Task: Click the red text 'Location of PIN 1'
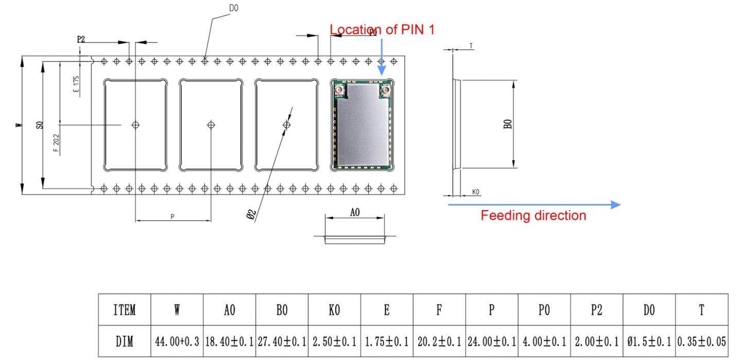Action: [382, 29]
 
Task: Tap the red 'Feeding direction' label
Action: [533, 215]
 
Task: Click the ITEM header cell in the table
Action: [125, 310]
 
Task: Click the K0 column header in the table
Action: [335, 310]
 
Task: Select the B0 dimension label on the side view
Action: [508, 124]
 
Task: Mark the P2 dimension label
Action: [81, 39]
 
